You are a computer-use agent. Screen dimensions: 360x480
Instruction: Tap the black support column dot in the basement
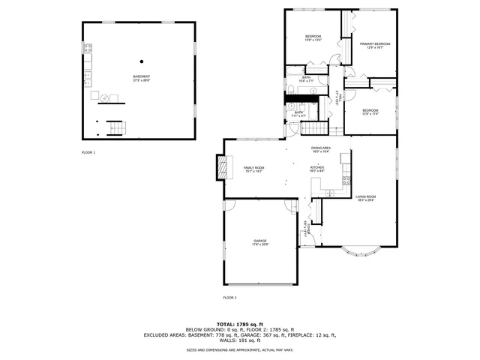[x=141, y=61]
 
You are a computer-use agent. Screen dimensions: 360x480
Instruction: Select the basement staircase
[x=112, y=129]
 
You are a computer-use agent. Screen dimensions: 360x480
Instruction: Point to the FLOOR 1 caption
[x=88, y=152]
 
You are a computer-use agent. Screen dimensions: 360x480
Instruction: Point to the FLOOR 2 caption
[x=229, y=298]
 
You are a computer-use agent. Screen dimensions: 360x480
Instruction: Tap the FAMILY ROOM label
[x=254, y=169]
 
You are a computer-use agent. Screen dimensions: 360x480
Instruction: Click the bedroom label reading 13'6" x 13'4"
[x=313, y=38]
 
